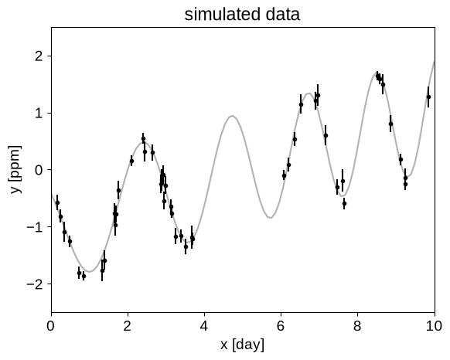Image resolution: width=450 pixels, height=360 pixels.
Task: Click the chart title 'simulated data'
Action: [x=242, y=15]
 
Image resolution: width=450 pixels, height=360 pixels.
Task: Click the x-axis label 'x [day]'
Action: [x=242, y=345]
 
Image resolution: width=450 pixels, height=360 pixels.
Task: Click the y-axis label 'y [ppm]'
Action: [x=15, y=169]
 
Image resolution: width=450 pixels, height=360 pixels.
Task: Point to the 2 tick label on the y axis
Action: [x=39, y=56]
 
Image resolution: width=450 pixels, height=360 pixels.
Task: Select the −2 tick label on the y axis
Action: [x=35, y=284]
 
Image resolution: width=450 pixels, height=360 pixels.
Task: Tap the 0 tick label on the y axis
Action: [x=39, y=170]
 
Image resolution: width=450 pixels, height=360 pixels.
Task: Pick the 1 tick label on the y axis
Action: [x=39, y=113]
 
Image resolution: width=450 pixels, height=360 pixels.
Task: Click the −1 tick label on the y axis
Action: [x=35, y=226]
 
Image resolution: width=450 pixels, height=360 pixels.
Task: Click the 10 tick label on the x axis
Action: [x=435, y=326]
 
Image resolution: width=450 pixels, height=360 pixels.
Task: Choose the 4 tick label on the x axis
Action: [x=204, y=326]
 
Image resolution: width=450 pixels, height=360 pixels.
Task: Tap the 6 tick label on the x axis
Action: [x=281, y=326]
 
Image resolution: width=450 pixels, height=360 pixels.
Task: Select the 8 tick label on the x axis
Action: [x=357, y=326]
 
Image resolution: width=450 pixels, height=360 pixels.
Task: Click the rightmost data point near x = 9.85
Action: [x=428, y=97]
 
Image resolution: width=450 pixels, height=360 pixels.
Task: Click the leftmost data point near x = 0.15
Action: [x=57, y=203]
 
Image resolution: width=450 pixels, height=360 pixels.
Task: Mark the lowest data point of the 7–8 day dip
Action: [x=344, y=204]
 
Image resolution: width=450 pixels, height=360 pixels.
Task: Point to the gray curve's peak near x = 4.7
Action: [x=233, y=116]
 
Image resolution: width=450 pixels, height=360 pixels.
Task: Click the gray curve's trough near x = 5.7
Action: [x=270, y=218]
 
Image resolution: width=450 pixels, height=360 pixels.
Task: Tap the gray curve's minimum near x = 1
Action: [x=90, y=271]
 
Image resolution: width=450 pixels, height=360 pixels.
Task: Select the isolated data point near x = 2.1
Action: [x=131, y=161]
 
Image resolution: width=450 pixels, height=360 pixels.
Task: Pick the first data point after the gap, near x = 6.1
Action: [x=284, y=175]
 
